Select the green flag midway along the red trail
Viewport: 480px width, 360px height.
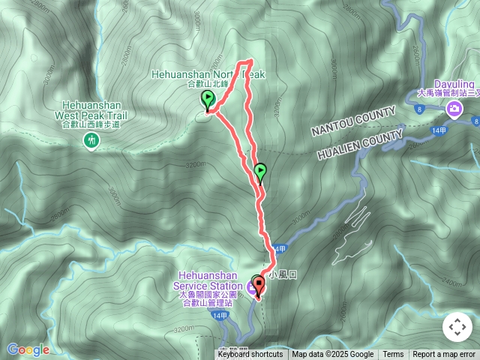pos(259,173)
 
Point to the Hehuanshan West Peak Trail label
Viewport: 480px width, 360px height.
pos(91,111)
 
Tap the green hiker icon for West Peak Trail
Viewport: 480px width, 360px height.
pos(92,140)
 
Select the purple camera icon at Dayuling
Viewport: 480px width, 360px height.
pos(454,111)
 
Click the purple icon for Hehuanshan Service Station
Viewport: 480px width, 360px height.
pos(253,285)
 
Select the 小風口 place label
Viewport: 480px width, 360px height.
pos(287,275)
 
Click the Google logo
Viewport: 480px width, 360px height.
pos(28,349)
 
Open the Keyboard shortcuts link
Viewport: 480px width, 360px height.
pos(250,355)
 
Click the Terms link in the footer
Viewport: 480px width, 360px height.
pos(393,355)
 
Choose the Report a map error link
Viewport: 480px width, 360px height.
pos(444,355)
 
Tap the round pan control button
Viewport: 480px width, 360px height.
pos(457,327)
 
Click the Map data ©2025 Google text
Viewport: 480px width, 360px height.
pos(333,355)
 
